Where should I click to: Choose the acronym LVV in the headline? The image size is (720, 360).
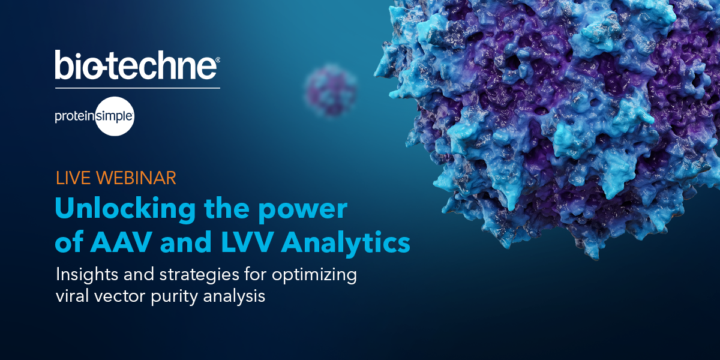tap(248, 243)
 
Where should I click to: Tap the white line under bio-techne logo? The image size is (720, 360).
tap(137, 88)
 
